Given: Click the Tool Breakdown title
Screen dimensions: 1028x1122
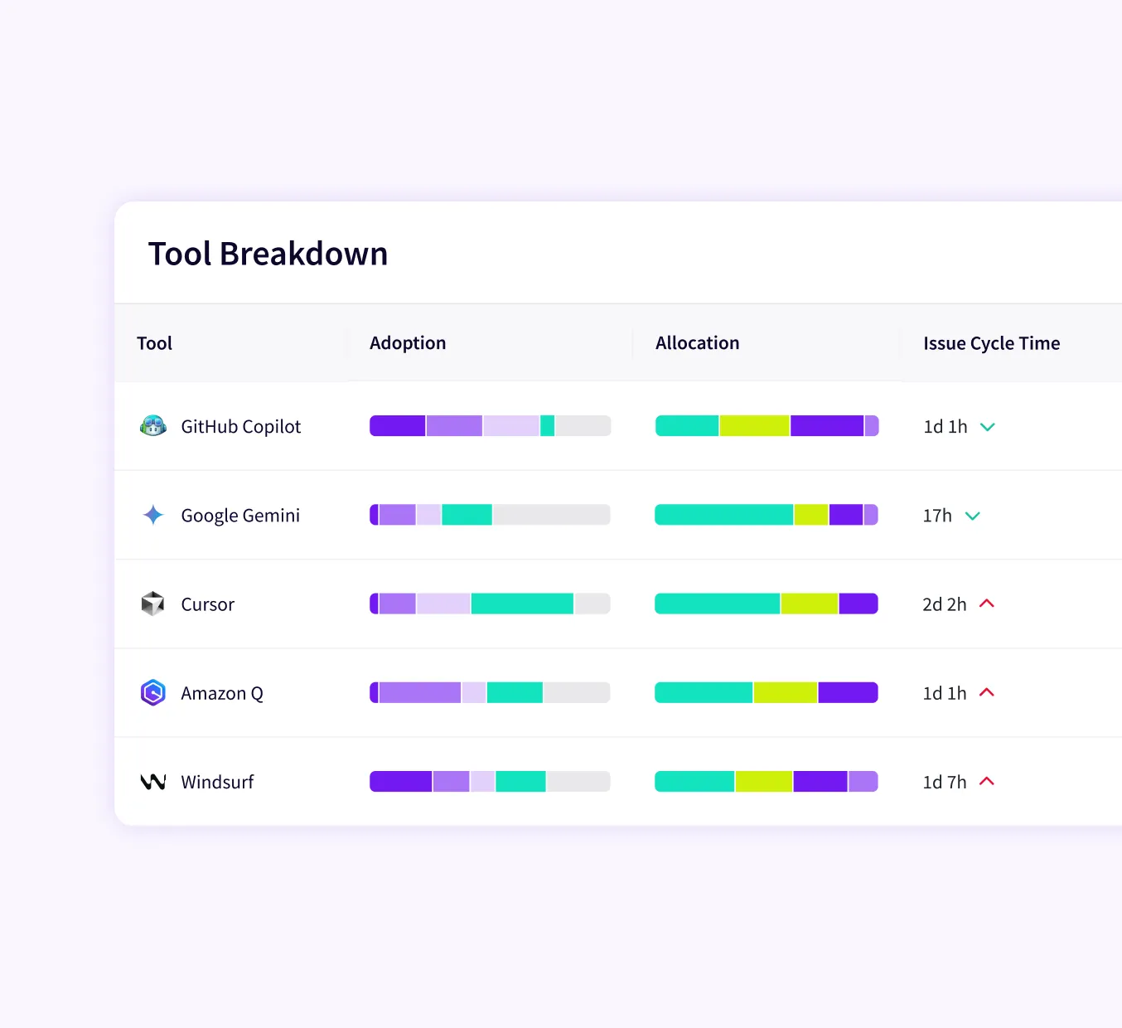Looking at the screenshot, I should (268, 254).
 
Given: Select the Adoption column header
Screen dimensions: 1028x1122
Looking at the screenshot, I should (408, 343).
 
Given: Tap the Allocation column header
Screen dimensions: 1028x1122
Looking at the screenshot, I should (697, 343).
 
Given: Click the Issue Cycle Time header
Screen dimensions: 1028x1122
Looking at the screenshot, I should (991, 343).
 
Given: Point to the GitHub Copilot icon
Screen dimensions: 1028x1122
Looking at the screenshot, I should (153, 426).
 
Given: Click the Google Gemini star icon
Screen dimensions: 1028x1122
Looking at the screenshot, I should (153, 515).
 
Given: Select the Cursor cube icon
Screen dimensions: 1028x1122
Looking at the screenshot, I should (153, 604).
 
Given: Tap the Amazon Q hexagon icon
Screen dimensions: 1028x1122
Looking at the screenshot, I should (153, 692).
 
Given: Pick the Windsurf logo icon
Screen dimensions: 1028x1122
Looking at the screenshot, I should (153, 782).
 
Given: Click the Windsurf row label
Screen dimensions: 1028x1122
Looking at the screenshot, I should (217, 782).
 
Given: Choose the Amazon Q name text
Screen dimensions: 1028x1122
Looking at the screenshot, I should (222, 693).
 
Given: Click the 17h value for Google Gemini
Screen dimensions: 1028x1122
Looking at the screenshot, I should (937, 516).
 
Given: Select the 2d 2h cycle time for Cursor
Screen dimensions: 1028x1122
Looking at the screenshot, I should (944, 604).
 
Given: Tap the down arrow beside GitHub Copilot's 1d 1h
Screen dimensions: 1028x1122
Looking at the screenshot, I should (988, 427).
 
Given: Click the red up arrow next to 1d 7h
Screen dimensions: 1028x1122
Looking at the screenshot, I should (987, 781).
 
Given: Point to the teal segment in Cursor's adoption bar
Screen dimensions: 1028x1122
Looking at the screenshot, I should (522, 604).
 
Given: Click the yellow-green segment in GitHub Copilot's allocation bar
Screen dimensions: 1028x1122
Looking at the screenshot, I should (754, 426).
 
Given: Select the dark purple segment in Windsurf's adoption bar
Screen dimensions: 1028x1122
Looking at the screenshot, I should (401, 782).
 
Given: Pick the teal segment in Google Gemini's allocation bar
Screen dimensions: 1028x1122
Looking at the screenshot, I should (723, 515).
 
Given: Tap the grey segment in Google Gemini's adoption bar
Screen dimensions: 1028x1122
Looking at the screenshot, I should (551, 515).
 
